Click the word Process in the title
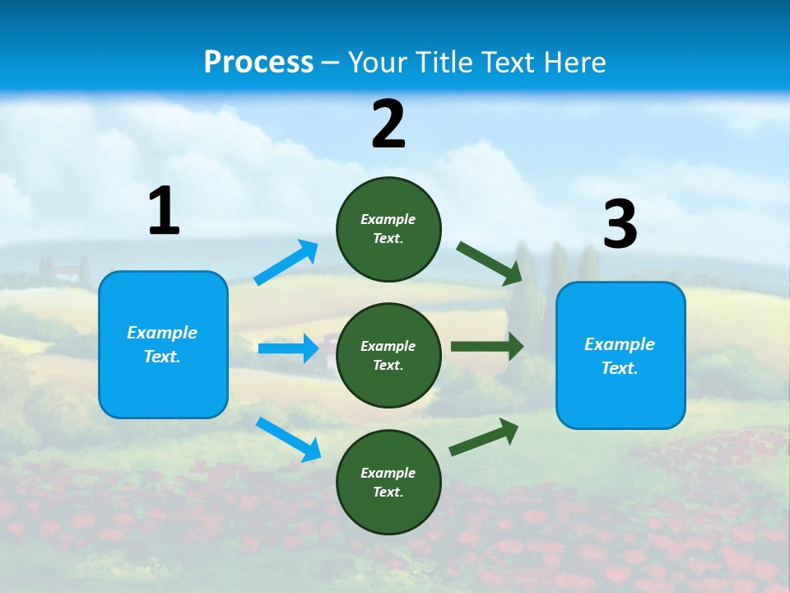[x=258, y=62]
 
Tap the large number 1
[x=164, y=212]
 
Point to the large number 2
[x=388, y=124]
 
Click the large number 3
[x=620, y=225]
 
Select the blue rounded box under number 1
[x=163, y=387]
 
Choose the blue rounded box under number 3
[x=620, y=399]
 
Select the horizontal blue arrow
[x=288, y=348]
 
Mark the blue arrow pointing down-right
[x=288, y=439]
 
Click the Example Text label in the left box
[x=162, y=344]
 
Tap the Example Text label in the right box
[x=620, y=356]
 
